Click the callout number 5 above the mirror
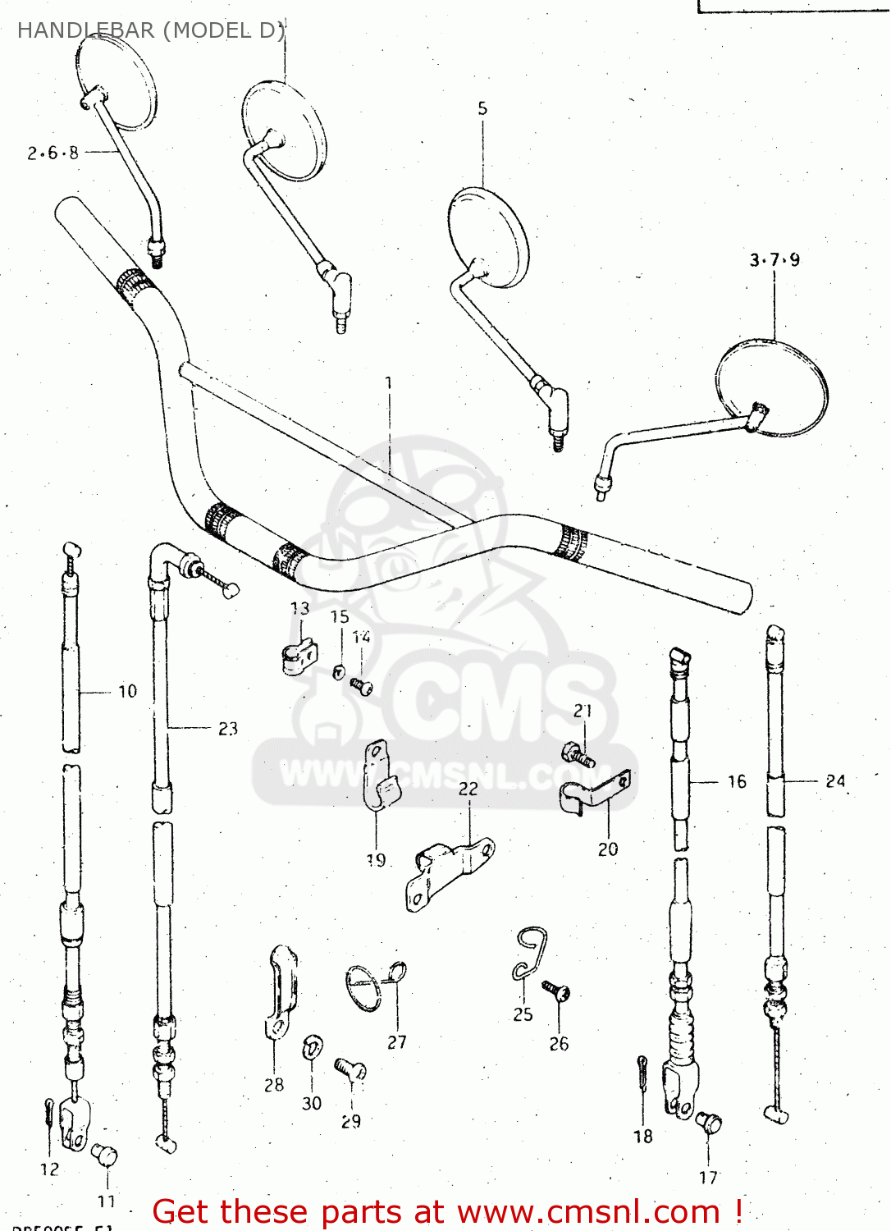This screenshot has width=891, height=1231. (482, 108)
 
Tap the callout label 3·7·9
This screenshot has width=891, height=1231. (774, 260)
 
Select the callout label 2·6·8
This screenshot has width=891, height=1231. (53, 153)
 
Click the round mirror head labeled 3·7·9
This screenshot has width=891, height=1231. (771, 387)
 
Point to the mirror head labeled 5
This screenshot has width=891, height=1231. (487, 237)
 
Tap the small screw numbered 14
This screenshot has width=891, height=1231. (361, 685)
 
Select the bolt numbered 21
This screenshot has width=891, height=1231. (578, 754)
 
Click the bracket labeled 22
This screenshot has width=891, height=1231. (447, 874)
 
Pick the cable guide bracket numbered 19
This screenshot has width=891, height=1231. (379, 776)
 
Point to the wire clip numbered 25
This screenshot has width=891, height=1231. (529, 954)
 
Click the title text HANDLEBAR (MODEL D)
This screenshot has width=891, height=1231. (151, 30)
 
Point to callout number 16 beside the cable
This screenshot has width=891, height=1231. (737, 781)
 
